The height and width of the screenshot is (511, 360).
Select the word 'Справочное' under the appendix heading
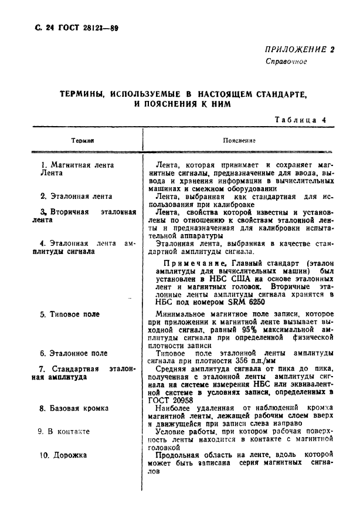286,62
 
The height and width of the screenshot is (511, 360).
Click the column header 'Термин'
83,141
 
